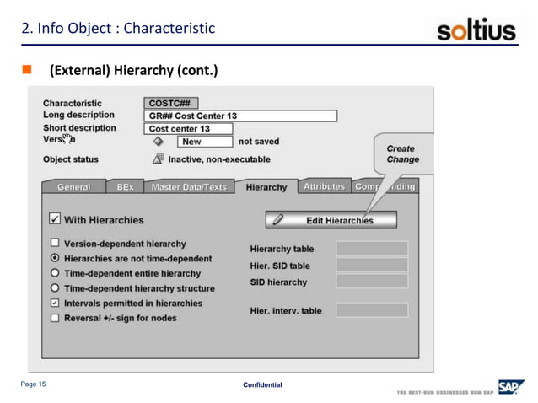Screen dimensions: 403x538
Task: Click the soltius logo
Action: tap(476, 31)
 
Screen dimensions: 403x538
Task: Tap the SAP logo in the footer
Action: tap(509, 387)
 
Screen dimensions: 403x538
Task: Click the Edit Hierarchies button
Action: tap(331, 220)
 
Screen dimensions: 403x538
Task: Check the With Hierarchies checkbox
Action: tap(55, 219)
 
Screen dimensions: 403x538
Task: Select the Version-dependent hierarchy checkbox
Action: tap(55, 244)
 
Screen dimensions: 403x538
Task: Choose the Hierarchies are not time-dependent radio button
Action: tap(55, 258)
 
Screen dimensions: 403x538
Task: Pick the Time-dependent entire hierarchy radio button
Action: tap(55, 273)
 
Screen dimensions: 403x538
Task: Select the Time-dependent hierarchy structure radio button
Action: tap(55, 287)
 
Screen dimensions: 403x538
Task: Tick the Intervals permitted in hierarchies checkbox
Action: tap(55, 303)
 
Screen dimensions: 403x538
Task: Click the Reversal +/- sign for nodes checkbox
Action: tap(55, 318)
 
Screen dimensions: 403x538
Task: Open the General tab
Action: tap(73, 187)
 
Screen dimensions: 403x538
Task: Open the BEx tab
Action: tap(125, 187)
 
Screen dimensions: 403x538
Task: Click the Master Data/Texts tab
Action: tap(188, 187)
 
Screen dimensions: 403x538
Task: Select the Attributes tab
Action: tap(324, 186)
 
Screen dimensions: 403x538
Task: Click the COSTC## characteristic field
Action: tap(171, 103)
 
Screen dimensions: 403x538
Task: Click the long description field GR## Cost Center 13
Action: tap(240, 116)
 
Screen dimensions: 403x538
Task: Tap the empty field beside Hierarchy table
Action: tap(372, 249)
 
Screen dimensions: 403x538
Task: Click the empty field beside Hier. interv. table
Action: tap(372, 310)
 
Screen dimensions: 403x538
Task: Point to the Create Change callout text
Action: tap(402, 153)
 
